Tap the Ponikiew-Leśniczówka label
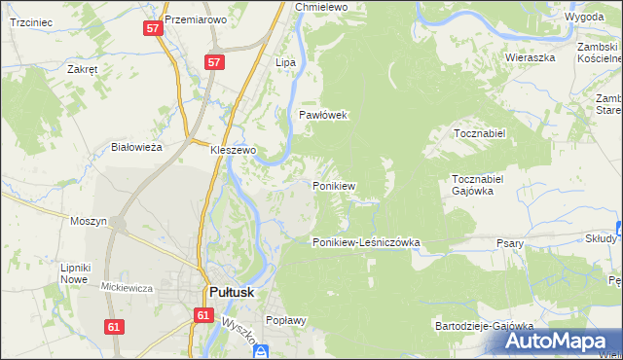pos(365,242)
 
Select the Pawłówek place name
pos(323,115)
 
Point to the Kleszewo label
pos(233,151)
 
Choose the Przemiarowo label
pos(196,19)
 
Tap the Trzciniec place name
pos(28,20)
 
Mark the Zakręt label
pos(82,70)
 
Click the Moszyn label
pos(89,221)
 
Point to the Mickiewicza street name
pos(128,287)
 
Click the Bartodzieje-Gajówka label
pos(485,325)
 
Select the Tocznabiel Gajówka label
pos(477,185)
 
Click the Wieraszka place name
pos(530,57)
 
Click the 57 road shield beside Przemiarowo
pos(153,29)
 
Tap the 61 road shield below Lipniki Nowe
pos(114,327)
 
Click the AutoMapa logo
pos(558,342)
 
